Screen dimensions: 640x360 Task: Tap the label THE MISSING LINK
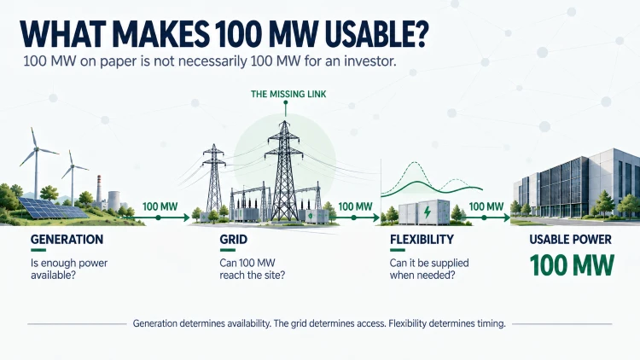pyautogui.click(x=288, y=95)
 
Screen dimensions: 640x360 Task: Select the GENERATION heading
pyautogui.click(x=67, y=239)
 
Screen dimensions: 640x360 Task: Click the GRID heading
pyautogui.click(x=234, y=239)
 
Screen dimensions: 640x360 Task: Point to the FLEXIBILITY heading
pyautogui.click(x=422, y=239)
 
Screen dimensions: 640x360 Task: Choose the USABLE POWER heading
pyautogui.click(x=571, y=239)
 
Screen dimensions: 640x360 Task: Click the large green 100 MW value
pyautogui.click(x=572, y=265)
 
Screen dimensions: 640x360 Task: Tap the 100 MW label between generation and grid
pyautogui.click(x=160, y=206)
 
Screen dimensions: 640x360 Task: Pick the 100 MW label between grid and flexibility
pyautogui.click(x=355, y=206)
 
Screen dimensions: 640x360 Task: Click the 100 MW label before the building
pyautogui.click(x=486, y=206)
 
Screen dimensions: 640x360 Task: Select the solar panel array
pyautogui.click(x=52, y=208)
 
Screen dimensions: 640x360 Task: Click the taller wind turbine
pyautogui.click(x=36, y=162)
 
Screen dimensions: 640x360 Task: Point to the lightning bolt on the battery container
pyautogui.click(x=427, y=212)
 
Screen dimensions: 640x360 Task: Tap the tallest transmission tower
pyautogui.click(x=284, y=171)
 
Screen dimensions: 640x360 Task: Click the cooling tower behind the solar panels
pyautogui.click(x=113, y=200)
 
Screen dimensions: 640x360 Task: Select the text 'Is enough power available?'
pyautogui.click(x=69, y=269)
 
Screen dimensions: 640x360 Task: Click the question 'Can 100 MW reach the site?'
pyautogui.click(x=252, y=269)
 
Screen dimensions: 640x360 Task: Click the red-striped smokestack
pyautogui.click(x=99, y=189)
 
